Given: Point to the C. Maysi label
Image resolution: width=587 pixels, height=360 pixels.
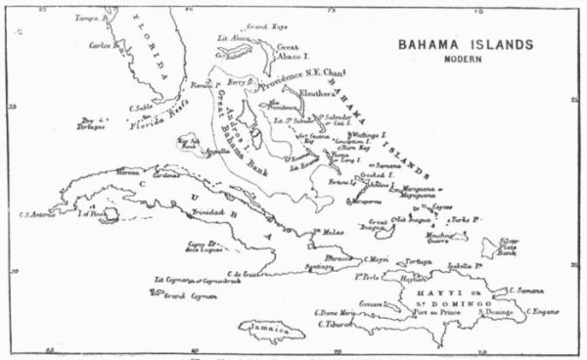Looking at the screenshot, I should [x=377, y=259].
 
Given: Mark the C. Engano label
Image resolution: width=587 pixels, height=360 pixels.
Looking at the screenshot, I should [x=540, y=311].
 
